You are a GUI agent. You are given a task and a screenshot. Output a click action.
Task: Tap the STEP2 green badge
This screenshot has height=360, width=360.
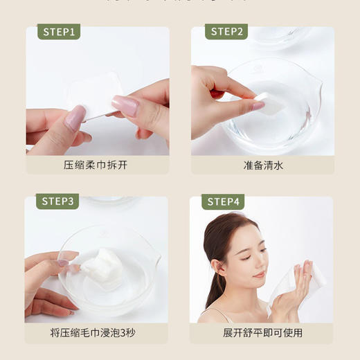tap(227, 32)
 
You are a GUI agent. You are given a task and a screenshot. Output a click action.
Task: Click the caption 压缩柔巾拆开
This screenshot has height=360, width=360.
tap(97, 165)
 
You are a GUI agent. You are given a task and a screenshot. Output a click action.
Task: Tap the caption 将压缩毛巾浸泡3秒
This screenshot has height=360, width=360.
tap(97, 333)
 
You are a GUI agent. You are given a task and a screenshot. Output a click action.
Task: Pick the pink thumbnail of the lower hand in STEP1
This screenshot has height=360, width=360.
tap(74, 118)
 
